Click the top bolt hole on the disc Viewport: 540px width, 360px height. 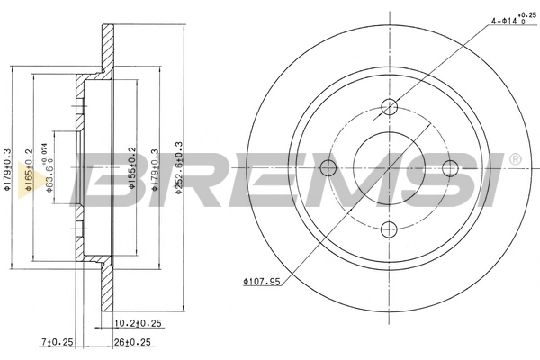390,106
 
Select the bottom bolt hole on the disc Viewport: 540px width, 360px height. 390,228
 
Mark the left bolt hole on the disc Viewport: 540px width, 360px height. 329,167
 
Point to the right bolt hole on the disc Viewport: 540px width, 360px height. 450,167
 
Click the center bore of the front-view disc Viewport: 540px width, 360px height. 390,167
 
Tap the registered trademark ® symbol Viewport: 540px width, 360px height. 514,160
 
